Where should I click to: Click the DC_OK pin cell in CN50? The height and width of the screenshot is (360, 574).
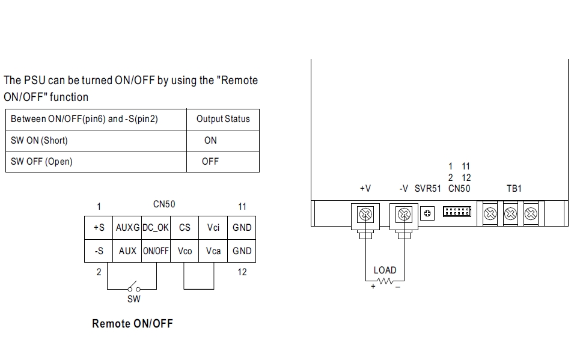(155, 228)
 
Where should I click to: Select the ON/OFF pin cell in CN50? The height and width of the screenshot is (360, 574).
(155, 251)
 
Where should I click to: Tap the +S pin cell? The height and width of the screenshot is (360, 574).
(99, 228)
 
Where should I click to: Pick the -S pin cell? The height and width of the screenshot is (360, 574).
(99, 251)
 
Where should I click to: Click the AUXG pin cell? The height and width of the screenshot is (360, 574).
(127, 228)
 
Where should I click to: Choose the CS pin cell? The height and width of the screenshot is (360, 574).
(185, 228)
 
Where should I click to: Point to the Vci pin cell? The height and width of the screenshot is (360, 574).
(213, 228)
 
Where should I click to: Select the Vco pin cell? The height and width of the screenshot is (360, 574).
(185, 251)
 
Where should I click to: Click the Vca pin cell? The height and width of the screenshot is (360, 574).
(213, 251)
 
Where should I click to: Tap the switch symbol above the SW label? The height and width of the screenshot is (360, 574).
(133, 287)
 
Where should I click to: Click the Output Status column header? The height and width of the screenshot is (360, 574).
(223, 119)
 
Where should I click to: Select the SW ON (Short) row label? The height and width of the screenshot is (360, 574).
(40, 141)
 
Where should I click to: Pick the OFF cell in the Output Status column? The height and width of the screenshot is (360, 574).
(210, 162)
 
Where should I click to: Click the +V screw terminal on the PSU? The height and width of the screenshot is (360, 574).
(365, 213)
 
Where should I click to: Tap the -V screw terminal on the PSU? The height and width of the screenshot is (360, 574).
(404, 213)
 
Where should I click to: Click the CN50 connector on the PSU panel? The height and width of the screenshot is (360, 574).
(457, 212)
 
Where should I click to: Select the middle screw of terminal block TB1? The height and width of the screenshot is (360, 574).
(510, 213)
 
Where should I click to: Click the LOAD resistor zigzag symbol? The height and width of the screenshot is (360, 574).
(385, 281)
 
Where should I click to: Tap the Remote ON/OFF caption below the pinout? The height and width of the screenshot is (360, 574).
(132, 323)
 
